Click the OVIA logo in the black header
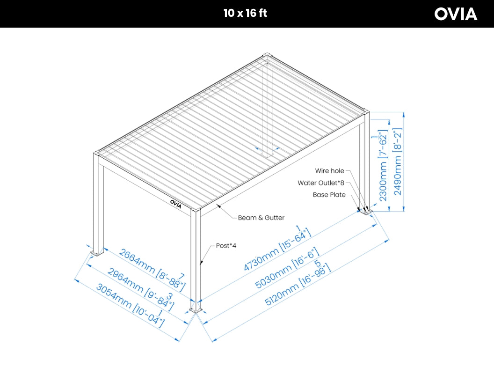(456, 14)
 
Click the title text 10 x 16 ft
(245, 13)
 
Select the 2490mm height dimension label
(398, 162)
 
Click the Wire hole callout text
(329, 171)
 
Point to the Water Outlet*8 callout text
(321, 183)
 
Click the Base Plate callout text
(329, 195)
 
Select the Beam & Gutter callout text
(261, 218)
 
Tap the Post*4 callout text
(226, 245)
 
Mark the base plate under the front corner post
(196, 309)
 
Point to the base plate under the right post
(365, 213)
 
